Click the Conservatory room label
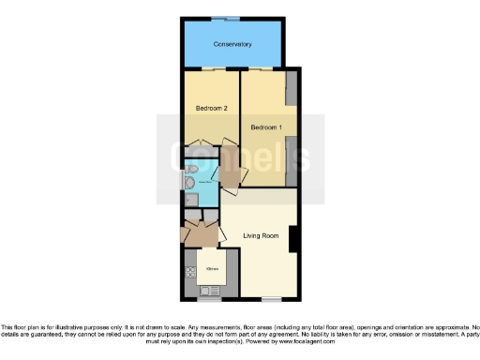(x=232, y=44)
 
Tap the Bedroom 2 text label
(x=212, y=109)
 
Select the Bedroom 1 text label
(x=266, y=126)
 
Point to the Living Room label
(x=261, y=235)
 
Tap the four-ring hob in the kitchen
(x=189, y=272)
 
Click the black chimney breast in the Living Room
(x=294, y=239)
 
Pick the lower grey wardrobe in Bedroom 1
(x=292, y=156)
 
